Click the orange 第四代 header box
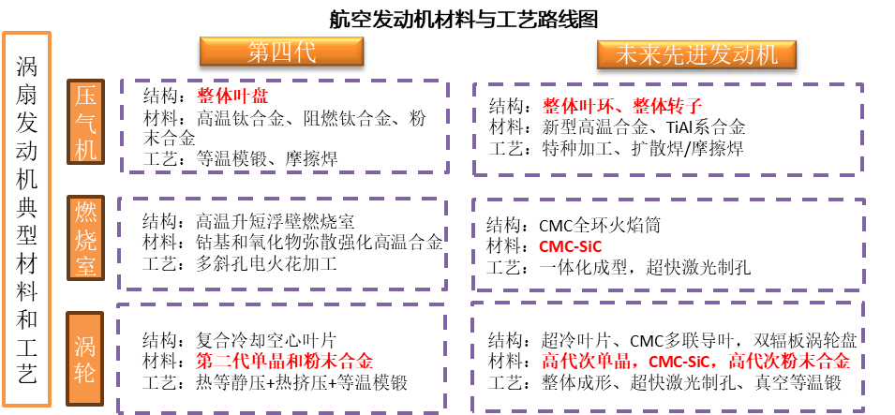[281, 52]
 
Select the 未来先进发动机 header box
[696, 54]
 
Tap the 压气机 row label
[85, 122]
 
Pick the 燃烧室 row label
[85, 238]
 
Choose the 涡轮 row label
[85, 360]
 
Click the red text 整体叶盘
[232, 96]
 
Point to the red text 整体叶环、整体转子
[621, 106]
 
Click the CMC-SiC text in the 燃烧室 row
[570, 247]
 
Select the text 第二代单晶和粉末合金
[284, 361]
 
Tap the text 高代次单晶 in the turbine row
[587, 361]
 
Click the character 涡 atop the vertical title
[27, 67]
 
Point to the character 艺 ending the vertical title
[27, 375]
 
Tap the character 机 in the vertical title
[27, 179]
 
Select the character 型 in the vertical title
[27, 235]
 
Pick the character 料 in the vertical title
[27, 291]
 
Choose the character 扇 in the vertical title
[27, 95]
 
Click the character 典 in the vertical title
[27, 207]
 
